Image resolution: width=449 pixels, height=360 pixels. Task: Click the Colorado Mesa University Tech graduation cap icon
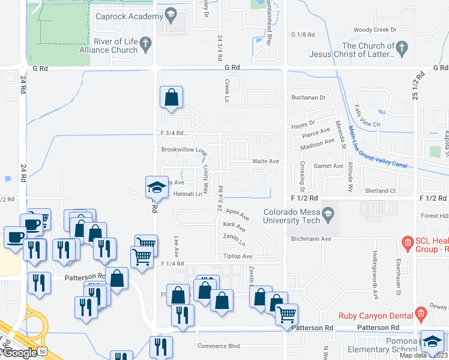[328, 214]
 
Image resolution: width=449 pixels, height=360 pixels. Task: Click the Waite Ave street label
[265, 161]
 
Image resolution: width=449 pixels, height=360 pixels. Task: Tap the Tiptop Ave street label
[238, 256]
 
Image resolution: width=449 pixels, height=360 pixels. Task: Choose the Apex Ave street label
[237, 212]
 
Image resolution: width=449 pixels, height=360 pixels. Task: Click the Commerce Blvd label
[218, 346]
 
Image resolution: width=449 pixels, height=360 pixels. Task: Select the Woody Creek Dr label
[375, 29]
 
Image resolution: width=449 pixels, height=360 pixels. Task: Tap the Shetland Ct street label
[380, 191]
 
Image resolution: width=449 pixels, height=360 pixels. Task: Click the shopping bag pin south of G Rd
[172, 97]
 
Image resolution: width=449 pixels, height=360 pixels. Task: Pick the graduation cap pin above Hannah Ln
[157, 187]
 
